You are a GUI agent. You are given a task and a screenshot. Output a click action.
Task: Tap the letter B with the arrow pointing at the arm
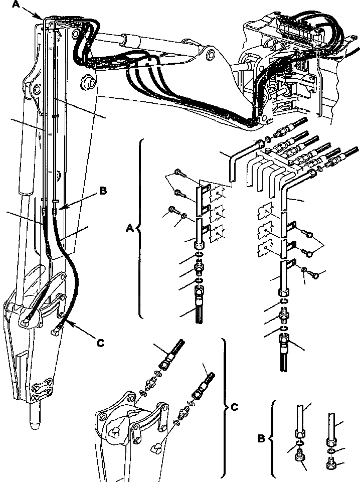point(103,191)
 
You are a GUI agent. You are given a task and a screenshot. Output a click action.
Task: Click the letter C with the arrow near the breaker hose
point(100,343)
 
